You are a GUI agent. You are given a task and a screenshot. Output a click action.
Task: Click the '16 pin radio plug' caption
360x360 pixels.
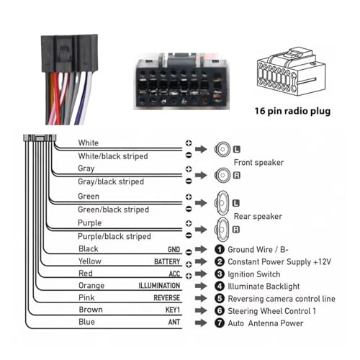[292, 111]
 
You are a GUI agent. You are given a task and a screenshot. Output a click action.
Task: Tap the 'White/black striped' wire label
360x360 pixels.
[113, 156]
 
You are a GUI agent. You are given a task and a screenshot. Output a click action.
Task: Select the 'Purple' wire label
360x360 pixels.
[89, 223]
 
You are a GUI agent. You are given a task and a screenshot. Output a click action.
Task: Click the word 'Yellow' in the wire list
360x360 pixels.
[90, 261]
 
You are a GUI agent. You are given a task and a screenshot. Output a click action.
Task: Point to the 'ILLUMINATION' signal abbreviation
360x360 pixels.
[159, 286]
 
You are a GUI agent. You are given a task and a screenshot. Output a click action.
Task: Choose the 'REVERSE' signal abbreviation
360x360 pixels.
[166, 298]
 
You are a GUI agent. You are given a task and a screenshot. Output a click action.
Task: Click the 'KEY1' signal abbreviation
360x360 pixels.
[173, 310]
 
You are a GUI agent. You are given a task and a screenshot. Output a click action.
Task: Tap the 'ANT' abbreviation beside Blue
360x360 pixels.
[174, 322]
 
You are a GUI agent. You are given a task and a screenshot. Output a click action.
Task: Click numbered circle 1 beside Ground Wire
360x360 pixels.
[220, 249]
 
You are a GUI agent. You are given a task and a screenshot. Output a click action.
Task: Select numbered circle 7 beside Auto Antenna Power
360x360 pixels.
[220, 323]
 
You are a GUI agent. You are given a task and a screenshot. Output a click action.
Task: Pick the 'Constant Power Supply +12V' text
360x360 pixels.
[279, 261]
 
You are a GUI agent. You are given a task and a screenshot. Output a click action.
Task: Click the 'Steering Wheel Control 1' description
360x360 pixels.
[271, 311]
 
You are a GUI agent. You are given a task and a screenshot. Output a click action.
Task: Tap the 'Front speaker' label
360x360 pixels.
[258, 163]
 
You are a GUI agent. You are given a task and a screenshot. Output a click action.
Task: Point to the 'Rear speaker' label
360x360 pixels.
[258, 216]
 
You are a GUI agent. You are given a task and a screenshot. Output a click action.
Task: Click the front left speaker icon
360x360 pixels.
[222, 149]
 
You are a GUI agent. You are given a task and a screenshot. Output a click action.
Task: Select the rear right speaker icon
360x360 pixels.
[222, 230]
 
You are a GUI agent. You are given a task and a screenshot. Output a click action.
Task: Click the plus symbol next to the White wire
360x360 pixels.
[189, 143]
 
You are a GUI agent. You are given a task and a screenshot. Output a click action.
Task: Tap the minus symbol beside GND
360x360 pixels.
[189, 252]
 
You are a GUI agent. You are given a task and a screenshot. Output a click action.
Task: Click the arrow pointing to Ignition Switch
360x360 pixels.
[201, 274]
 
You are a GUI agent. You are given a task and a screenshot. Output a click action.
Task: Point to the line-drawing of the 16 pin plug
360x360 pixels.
[292, 73]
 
